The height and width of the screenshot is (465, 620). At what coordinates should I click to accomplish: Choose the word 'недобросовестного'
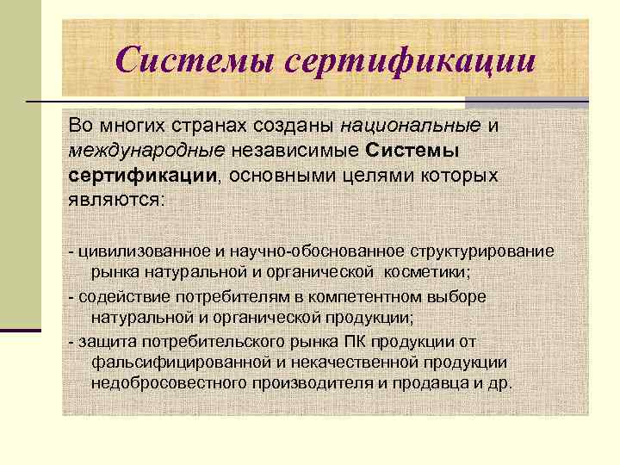pos(170,383)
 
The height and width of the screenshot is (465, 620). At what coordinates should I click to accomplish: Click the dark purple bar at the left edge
pos(21,330)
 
